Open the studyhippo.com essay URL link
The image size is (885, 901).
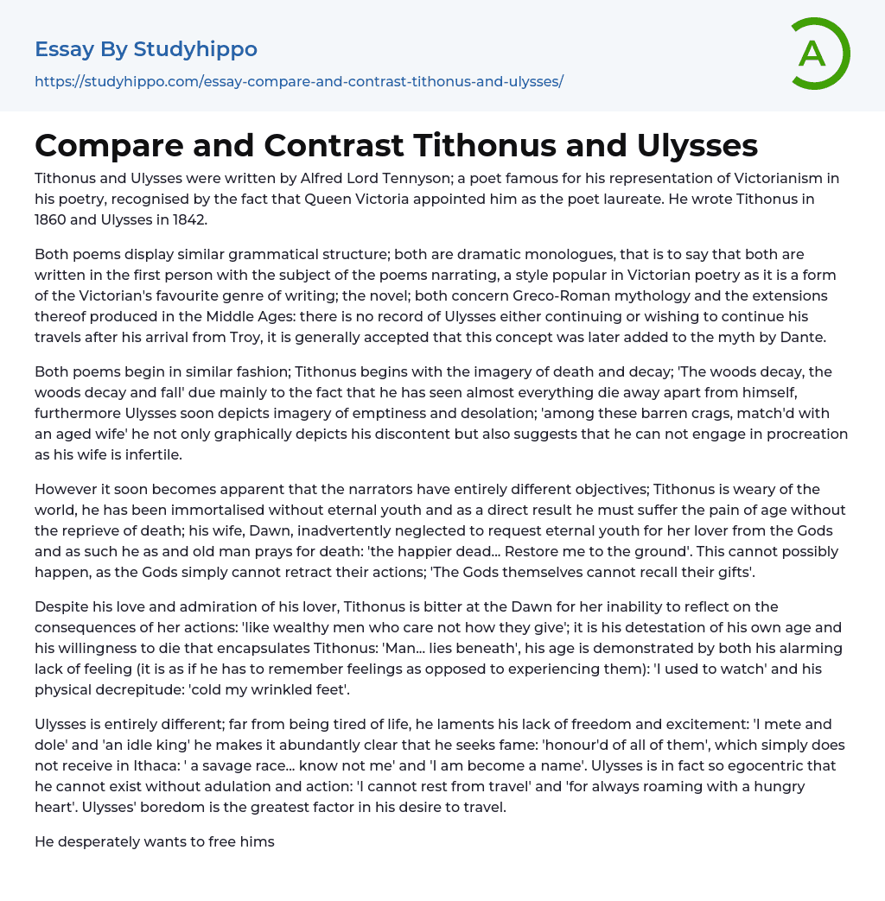298,81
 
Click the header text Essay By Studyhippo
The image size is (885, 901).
146,49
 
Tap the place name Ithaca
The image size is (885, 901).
232,765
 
